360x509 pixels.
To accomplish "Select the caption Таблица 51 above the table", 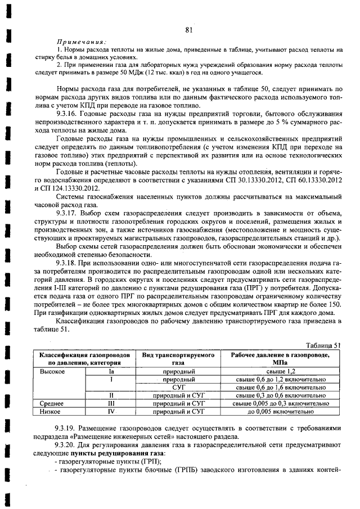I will [x=323, y=346].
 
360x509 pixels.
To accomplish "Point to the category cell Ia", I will [x=111, y=372].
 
